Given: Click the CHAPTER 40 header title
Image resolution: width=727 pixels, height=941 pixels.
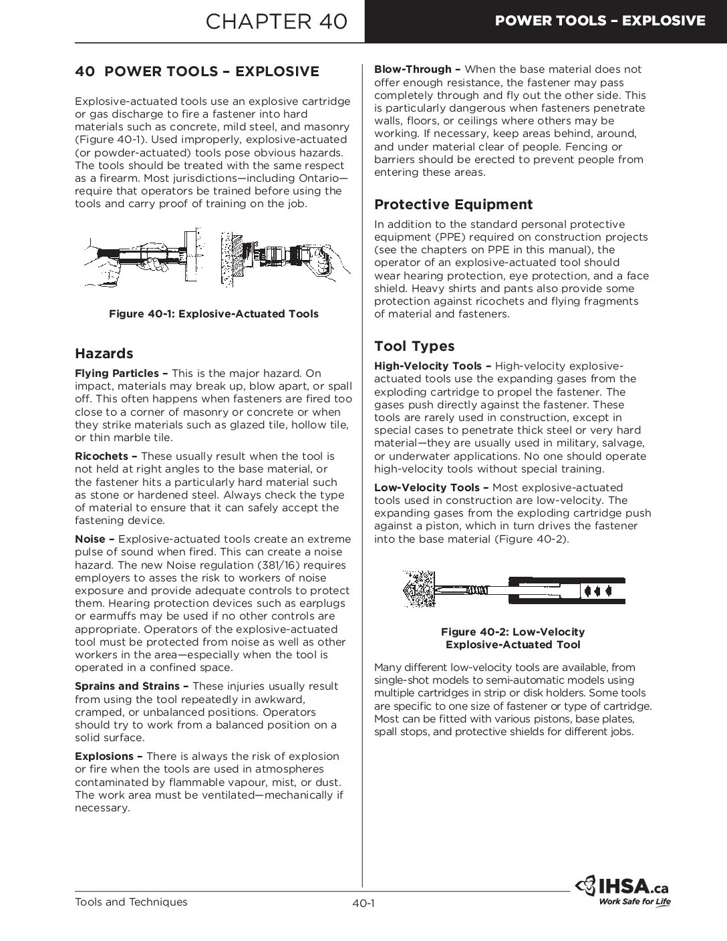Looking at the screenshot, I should point(277,21).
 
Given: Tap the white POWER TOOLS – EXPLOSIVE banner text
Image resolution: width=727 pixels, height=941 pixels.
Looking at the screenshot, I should point(599,21).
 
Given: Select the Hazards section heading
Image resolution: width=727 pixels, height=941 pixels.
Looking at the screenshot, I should point(104,354).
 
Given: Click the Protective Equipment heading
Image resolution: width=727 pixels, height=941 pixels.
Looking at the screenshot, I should point(453,205).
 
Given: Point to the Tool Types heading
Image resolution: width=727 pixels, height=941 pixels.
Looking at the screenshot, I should point(414,346).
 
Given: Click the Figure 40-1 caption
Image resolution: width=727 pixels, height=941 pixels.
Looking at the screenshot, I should point(213,314).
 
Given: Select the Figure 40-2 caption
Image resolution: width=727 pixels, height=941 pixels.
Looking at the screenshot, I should point(513,638).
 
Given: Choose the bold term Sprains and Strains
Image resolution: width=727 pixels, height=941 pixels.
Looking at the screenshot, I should point(127,686).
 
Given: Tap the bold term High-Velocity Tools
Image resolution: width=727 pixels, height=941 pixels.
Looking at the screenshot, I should point(428,366).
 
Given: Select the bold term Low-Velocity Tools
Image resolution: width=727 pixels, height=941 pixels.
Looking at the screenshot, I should point(426,488).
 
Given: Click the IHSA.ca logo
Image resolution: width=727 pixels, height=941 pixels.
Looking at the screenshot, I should point(622,887).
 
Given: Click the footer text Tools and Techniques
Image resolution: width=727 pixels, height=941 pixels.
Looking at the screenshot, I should point(131,902).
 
